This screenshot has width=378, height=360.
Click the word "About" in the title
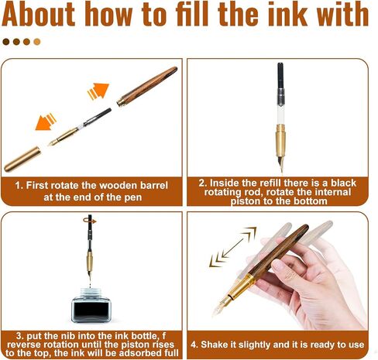click(x=38, y=14)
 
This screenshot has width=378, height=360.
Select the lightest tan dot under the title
click(x=37, y=42)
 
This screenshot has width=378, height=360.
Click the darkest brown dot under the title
click(x=6, y=42)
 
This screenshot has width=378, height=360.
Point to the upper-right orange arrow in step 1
click(x=98, y=91)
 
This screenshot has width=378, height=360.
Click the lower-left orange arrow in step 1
click(x=46, y=122)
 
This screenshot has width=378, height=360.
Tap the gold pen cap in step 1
click(x=22, y=159)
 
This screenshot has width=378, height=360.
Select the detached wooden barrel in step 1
click(x=147, y=86)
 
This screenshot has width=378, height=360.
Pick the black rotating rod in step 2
click(x=280, y=75)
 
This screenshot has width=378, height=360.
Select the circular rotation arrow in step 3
click(x=90, y=221)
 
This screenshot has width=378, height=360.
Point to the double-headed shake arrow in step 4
click(x=233, y=247)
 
